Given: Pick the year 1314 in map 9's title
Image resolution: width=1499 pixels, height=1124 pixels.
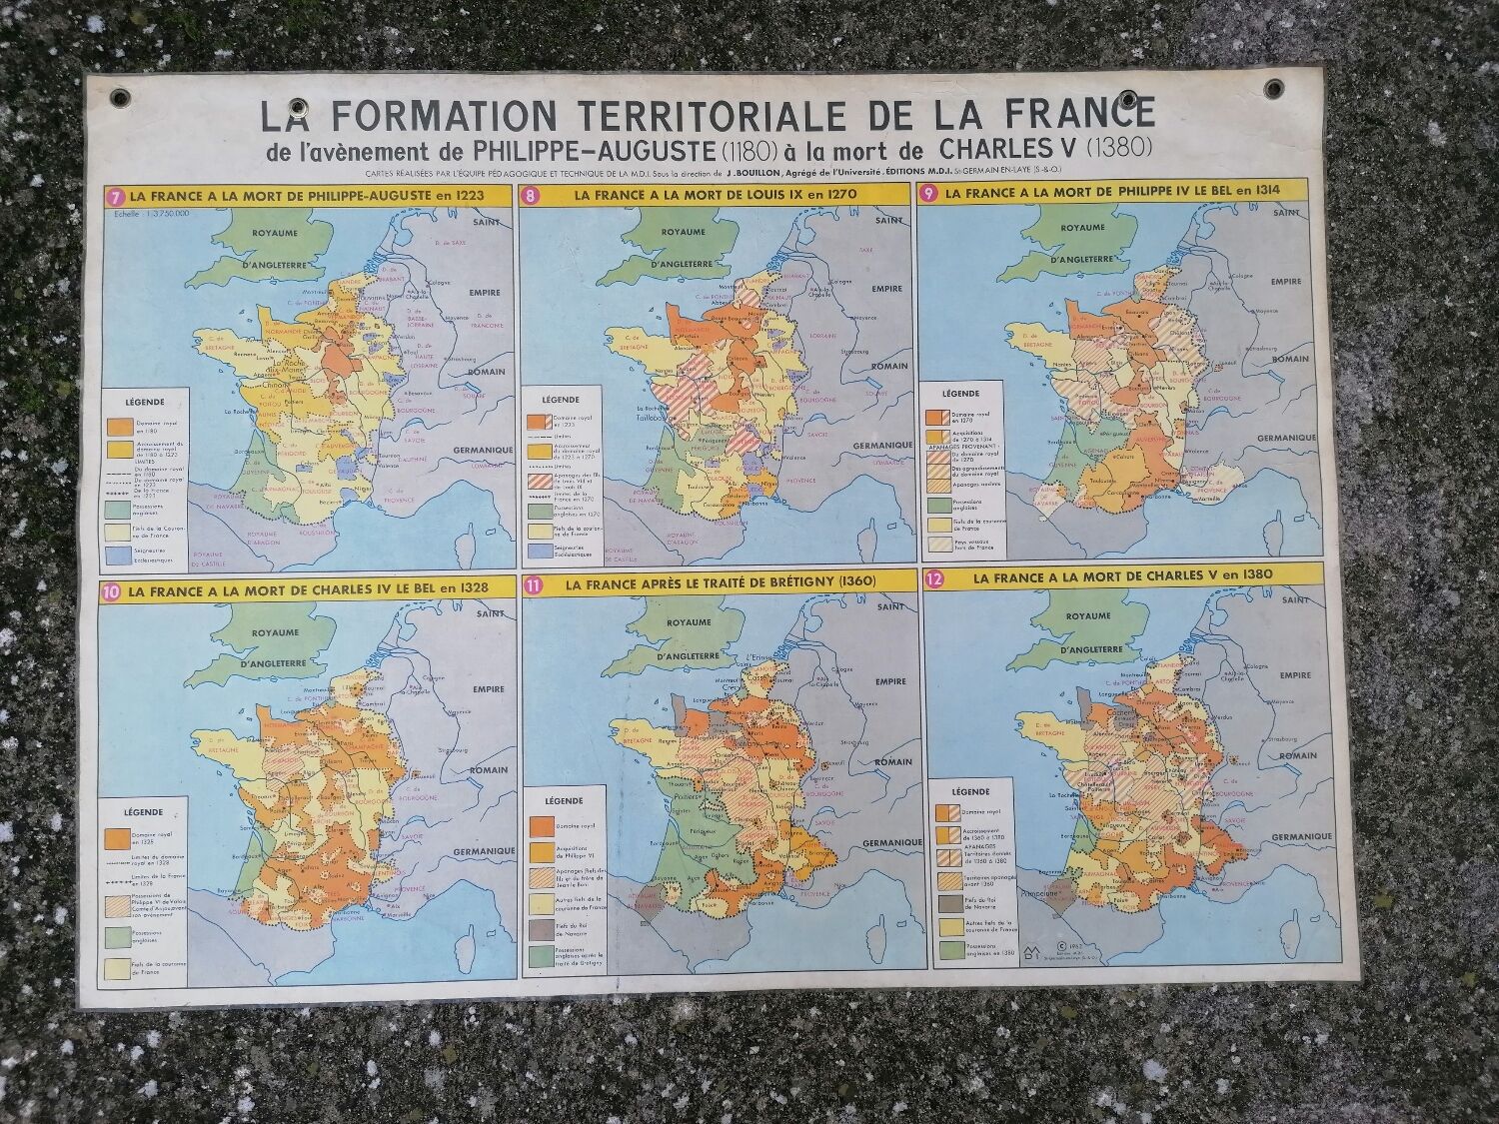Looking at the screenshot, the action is tap(1260, 189).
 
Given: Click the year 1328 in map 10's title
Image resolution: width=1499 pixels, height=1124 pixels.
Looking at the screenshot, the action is tap(468, 587).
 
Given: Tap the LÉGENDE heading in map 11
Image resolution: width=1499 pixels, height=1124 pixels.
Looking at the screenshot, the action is tap(565, 800).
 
